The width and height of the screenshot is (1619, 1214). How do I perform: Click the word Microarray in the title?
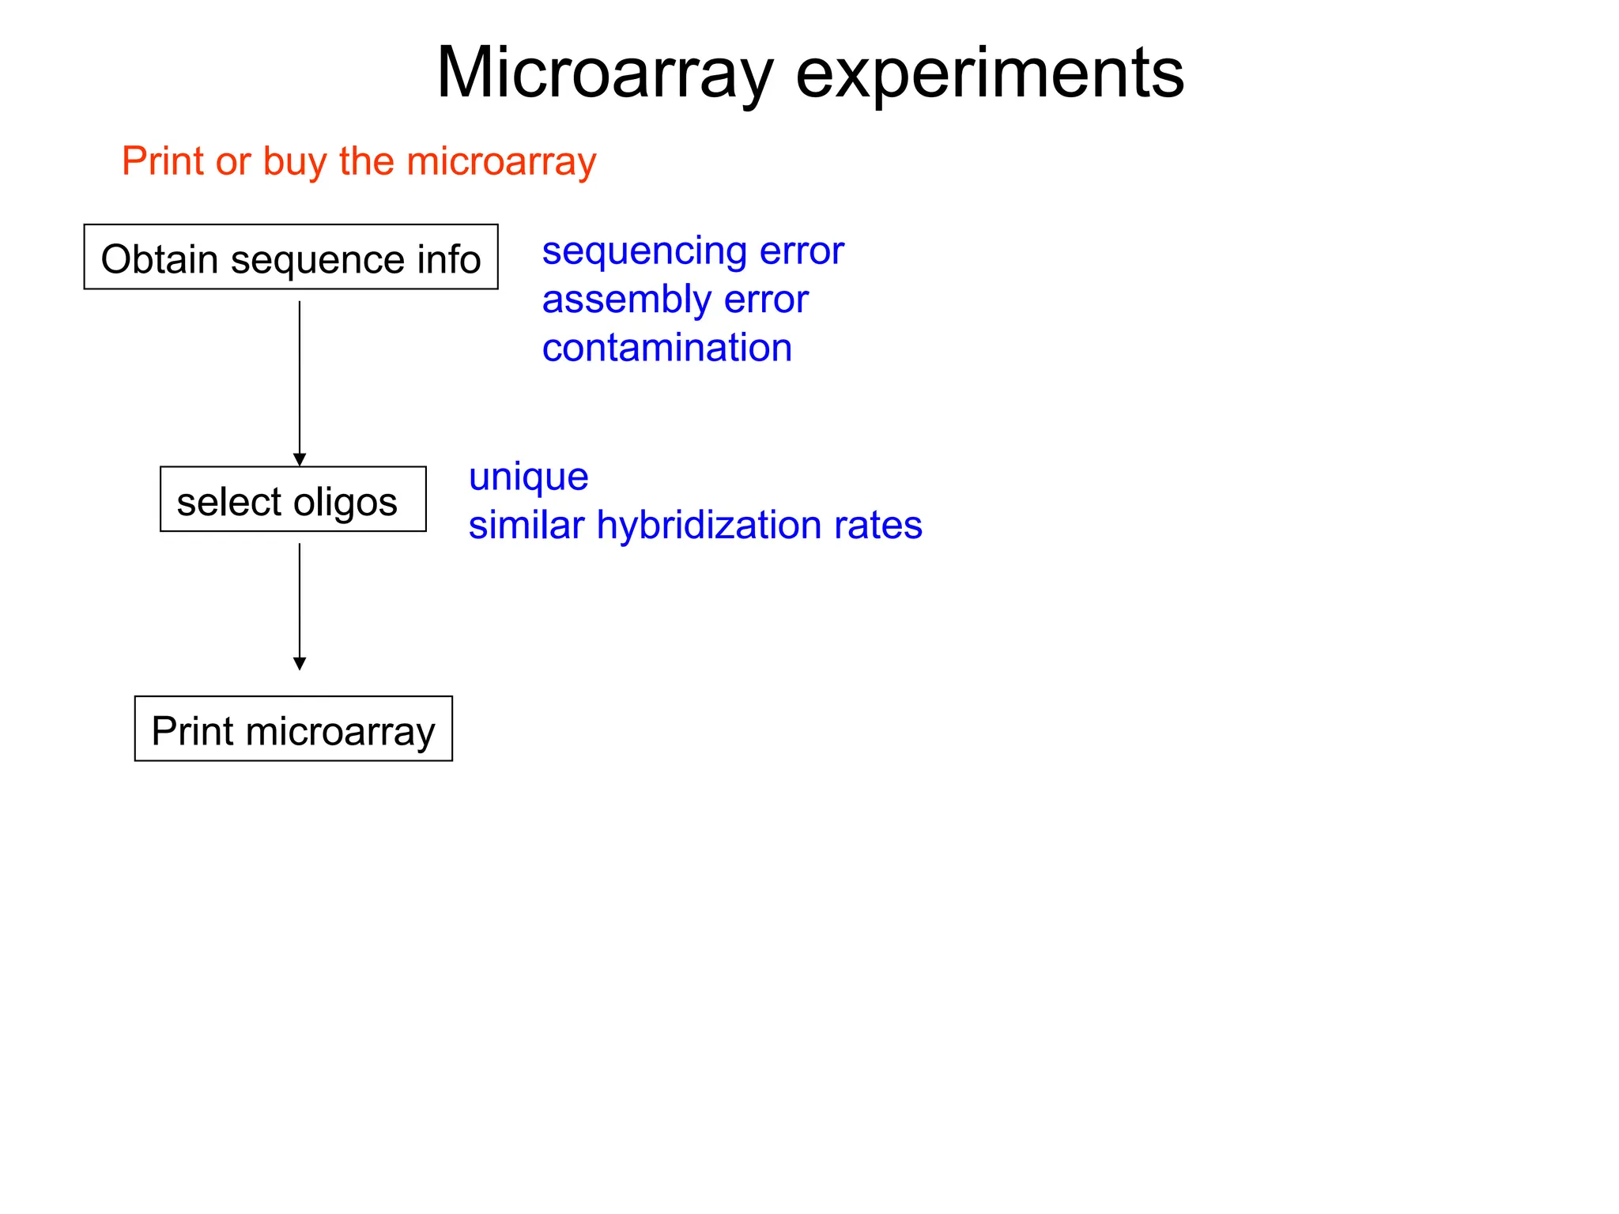pos(605,74)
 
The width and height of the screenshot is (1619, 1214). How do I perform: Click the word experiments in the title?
pos(989,74)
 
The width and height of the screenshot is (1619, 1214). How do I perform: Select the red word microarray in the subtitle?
pos(501,162)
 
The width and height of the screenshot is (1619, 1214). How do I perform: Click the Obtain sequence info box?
pos(291,258)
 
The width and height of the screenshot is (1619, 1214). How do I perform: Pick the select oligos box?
pos(292,500)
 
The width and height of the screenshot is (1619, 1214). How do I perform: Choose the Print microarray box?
pos(293,729)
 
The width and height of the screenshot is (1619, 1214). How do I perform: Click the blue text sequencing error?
pos(693,251)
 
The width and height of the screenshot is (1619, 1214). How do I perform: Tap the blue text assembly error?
pos(674,300)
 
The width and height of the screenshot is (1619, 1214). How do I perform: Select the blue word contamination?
pos(666,348)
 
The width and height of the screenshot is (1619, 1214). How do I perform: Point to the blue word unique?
pos(528,477)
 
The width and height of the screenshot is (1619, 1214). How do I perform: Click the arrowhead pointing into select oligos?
pos(300,459)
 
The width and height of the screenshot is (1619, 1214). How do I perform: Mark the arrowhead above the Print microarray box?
pos(300,663)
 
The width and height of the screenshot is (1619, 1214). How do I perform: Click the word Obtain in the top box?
pos(160,259)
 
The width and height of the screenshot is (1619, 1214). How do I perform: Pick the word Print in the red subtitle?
pos(163,162)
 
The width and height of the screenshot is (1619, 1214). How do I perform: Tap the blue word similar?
pos(526,526)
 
